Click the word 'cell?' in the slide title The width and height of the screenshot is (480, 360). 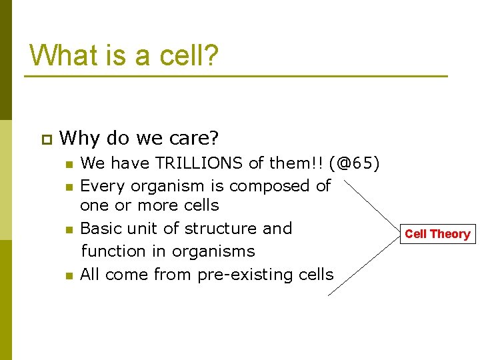[189, 55]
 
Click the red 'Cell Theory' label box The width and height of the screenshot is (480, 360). [437, 234]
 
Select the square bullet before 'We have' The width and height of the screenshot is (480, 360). [68, 164]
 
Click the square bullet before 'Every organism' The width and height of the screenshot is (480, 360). [68, 187]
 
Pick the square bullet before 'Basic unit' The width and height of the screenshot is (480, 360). [68, 230]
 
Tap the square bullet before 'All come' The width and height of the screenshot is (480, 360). [68, 276]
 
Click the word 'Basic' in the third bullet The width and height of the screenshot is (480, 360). [101, 228]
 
